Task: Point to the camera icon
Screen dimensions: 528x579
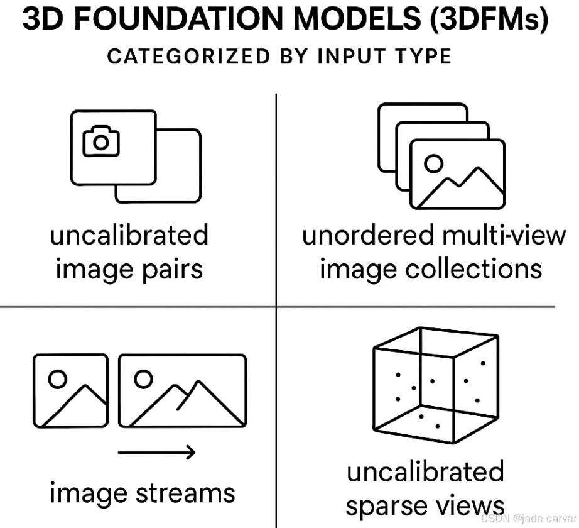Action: (100, 141)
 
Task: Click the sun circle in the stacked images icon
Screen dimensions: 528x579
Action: (433, 163)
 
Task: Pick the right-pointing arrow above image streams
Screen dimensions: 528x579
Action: (157, 451)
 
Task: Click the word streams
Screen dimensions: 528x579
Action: (185, 493)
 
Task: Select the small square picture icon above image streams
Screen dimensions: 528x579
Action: (70, 390)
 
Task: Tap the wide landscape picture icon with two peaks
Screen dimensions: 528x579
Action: (182, 390)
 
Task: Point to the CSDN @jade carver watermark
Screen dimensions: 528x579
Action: (529, 518)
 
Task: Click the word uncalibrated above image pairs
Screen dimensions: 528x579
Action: (129, 236)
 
